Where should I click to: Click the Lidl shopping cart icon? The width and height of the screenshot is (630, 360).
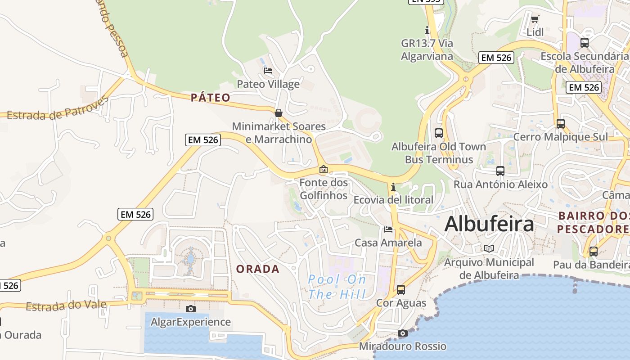tap(535, 19)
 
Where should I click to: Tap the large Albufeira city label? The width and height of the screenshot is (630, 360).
tap(489, 224)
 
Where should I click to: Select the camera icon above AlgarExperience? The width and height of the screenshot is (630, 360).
tap(191, 309)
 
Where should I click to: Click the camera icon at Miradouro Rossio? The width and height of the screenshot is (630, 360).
tap(403, 333)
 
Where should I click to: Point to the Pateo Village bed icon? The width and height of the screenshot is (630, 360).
tap(268, 71)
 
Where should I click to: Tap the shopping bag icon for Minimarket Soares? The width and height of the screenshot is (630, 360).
tap(279, 113)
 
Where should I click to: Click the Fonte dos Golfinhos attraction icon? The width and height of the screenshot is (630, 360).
tap(323, 170)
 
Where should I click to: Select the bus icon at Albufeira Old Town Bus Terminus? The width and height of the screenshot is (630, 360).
tap(439, 133)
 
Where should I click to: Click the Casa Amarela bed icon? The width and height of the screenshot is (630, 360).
tap(388, 229)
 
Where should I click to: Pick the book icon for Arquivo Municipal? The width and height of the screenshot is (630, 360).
tap(489, 248)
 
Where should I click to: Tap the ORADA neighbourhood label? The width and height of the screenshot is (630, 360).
tap(258, 269)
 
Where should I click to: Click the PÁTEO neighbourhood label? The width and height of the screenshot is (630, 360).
tap(211, 98)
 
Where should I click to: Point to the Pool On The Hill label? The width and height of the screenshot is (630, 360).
tap(337, 287)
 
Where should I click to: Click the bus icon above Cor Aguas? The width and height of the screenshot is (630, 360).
tap(401, 290)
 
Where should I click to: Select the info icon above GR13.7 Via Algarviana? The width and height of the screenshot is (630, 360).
tap(427, 30)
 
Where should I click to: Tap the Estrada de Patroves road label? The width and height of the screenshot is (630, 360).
tap(58, 109)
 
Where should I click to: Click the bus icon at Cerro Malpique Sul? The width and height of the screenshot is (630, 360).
tap(560, 123)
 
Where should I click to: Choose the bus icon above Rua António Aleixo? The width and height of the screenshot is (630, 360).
tap(500, 171)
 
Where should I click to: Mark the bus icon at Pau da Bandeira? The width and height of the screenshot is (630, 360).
tap(594, 252)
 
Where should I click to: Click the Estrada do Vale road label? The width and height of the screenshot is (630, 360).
tap(66, 306)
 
